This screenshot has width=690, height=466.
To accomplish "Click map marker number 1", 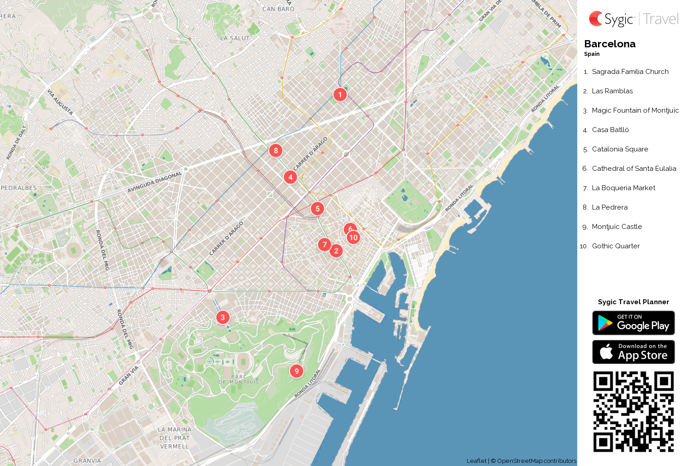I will coord(340,95).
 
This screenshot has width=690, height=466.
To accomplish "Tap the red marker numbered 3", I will coord(223,317).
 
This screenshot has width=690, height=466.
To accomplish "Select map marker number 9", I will coord(296,371).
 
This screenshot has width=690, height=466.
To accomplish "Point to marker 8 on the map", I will coord(276,151).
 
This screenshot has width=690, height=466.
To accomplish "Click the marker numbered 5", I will coord(317,209).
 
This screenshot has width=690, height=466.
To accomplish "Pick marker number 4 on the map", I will coord(290,177).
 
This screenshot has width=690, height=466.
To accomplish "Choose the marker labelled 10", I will coord(354,238).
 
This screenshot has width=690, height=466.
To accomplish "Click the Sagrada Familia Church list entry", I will coord(630,72).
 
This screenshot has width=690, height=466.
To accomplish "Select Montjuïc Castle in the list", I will coord(616,227).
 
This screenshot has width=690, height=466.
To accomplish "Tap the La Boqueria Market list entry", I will coord(623,188).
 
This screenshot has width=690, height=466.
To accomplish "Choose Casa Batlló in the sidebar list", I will coord(610,130).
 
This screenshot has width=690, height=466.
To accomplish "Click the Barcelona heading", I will coord(610,44).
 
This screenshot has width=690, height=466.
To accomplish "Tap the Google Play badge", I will coord(633,323).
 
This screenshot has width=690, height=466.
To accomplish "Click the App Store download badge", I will coord(633,352).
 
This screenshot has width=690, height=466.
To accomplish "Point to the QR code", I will coord(633,411).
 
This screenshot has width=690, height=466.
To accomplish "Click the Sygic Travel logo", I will coord(633,19).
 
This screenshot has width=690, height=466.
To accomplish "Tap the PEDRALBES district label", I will coord(19,188).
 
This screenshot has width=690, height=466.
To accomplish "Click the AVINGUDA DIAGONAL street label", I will coord(155,182).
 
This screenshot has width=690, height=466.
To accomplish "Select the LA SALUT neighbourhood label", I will coord(235,38).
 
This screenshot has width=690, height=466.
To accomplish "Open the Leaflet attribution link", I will coord(476,461).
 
